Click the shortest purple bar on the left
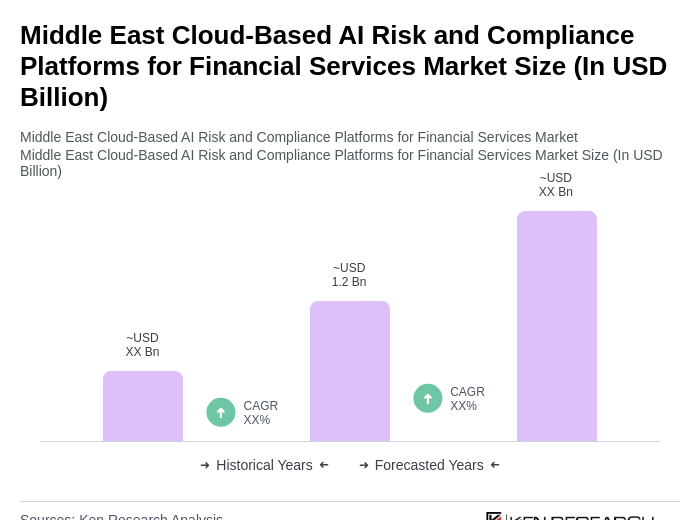coord(143,406)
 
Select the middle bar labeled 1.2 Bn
coord(350,371)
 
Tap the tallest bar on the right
coord(556,326)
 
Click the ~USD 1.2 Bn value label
coord(349,275)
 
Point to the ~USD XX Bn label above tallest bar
coord(556,185)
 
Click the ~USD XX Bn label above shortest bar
coord(143,345)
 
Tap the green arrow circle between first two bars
coord(221,412)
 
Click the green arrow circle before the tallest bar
coord(428,398)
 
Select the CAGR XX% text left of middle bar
coord(260,413)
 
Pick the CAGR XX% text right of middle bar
coord(467,399)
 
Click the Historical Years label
coord(264,465)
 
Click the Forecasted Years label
coord(429,465)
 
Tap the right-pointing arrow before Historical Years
coord(205,465)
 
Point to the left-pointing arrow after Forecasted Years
coord(495,465)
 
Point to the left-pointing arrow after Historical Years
coord(324,465)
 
